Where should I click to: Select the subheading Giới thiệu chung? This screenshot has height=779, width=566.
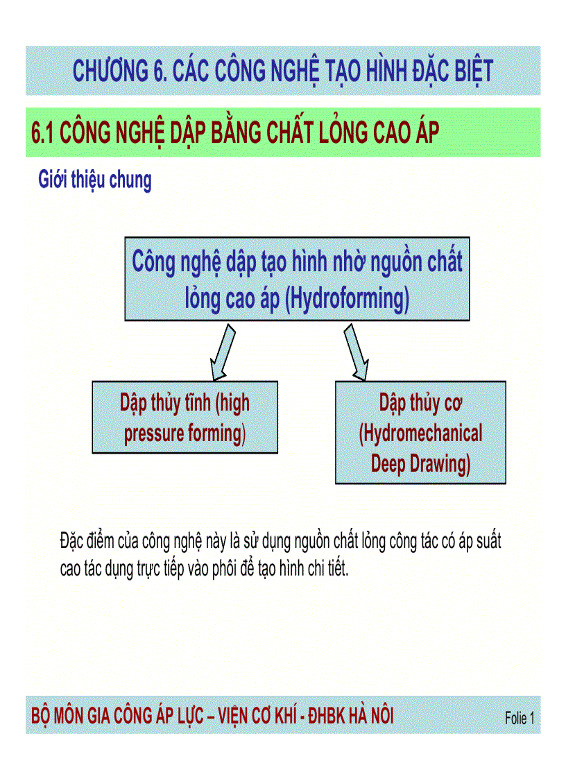(x=94, y=180)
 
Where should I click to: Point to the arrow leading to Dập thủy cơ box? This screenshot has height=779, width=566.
(x=354, y=352)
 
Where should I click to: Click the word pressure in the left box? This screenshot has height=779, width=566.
(x=154, y=434)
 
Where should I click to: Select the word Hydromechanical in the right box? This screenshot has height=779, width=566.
(x=421, y=434)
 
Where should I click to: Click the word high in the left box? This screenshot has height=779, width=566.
(x=234, y=404)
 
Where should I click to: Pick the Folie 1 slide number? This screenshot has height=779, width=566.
(x=520, y=719)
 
